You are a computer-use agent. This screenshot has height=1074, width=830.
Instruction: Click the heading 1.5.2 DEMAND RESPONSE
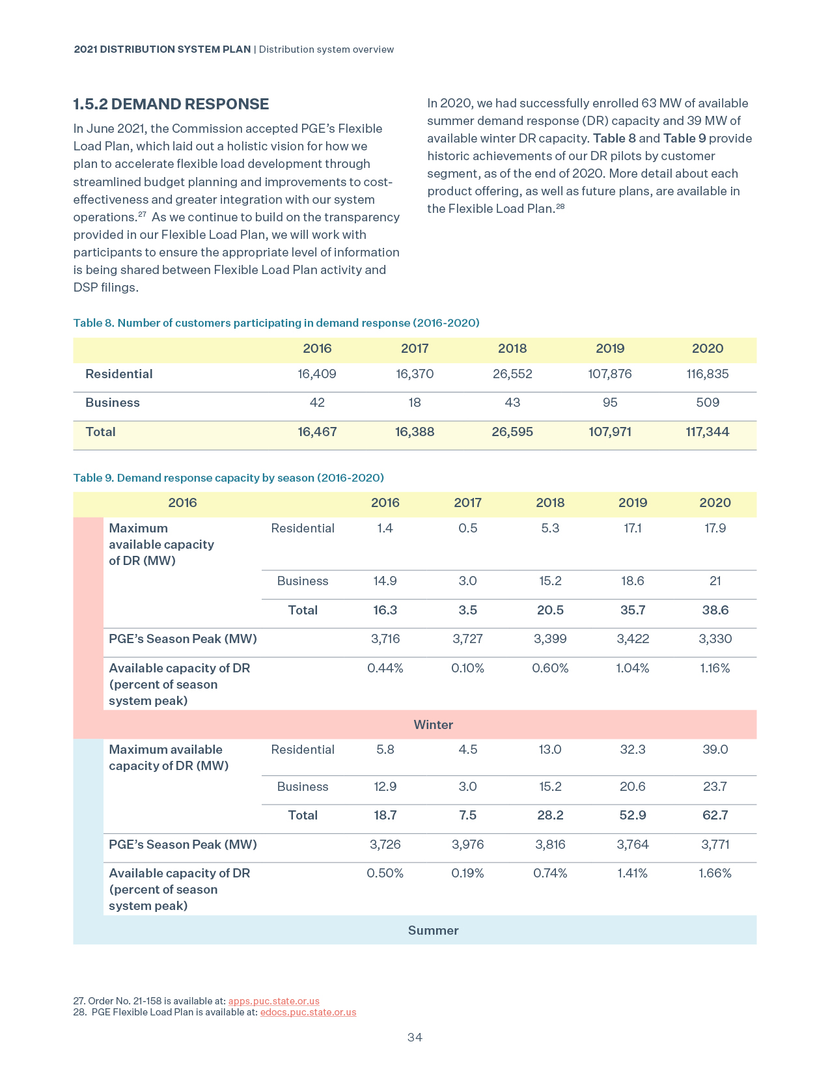tap(171, 104)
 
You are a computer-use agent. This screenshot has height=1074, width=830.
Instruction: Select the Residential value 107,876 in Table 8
tap(609, 374)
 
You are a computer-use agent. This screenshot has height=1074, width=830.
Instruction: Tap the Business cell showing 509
tap(707, 403)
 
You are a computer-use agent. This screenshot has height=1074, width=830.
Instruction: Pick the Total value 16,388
tap(415, 432)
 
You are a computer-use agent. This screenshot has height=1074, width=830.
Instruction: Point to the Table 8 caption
tap(276, 323)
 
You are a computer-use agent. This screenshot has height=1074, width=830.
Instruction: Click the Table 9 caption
tap(228, 478)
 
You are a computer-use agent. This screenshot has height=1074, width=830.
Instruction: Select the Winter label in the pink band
tap(433, 725)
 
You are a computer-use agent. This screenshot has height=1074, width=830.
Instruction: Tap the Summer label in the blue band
tap(433, 931)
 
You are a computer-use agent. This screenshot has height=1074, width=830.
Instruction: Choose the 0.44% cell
tap(385, 668)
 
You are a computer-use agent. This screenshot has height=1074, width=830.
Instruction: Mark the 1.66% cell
tap(715, 874)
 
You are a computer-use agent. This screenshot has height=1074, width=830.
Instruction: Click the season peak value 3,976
tap(467, 845)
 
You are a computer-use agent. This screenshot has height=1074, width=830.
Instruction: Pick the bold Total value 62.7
tap(715, 816)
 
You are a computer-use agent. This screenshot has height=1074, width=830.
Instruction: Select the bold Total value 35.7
tap(632, 611)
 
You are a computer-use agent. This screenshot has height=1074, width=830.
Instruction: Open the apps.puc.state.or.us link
tap(273, 1001)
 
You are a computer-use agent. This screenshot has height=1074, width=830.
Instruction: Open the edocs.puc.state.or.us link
tap(308, 1012)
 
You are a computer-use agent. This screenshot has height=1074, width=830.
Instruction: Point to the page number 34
tap(415, 1038)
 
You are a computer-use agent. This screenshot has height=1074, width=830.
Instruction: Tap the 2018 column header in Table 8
tap(512, 349)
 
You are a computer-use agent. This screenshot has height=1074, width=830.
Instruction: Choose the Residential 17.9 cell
tap(715, 529)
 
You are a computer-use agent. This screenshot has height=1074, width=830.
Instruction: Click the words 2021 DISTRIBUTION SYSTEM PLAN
tap(162, 49)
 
